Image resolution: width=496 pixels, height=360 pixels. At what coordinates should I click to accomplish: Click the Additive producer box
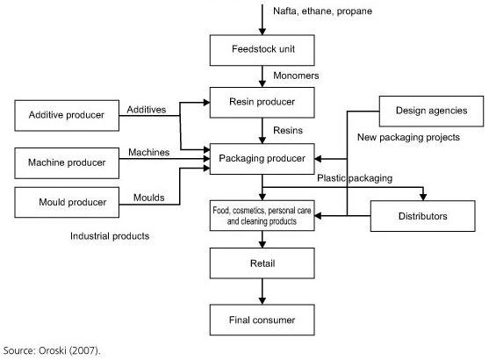68,115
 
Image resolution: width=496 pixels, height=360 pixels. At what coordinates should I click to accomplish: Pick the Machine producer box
68,162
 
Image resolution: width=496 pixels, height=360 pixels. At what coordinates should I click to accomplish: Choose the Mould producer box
68,203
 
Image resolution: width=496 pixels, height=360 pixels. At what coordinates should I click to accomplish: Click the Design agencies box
430,112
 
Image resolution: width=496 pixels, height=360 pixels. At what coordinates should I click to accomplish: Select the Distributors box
424,216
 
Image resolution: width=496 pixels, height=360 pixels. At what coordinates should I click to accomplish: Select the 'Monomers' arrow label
297,76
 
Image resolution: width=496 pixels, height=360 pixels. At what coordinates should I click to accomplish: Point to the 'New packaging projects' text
410,139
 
